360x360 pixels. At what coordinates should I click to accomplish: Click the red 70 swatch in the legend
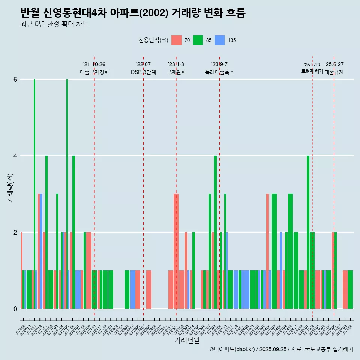click(176, 40)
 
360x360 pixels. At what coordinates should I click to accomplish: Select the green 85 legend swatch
click(198, 40)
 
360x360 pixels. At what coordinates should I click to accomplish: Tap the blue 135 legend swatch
click(220, 40)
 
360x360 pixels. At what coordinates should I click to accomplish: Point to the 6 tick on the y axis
click(15, 79)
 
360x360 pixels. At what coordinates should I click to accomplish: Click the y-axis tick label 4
click(15, 156)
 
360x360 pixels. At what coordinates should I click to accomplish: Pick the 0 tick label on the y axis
click(15, 309)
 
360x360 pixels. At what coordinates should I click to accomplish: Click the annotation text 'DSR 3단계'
click(143, 72)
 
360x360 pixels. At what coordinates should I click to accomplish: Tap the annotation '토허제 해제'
click(312, 71)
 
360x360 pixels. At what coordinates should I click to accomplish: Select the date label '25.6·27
click(334, 64)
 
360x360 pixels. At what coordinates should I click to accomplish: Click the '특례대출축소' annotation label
click(219, 72)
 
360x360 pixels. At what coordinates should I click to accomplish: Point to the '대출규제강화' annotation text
click(94, 72)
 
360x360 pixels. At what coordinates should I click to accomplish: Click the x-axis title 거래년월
click(187, 340)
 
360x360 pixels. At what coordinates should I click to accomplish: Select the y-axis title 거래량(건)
click(10, 187)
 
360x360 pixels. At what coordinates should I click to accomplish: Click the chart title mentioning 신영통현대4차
click(133, 13)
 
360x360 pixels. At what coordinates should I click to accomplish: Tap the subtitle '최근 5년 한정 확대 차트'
click(55, 24)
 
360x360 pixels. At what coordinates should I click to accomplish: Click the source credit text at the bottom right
click(281, 349)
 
